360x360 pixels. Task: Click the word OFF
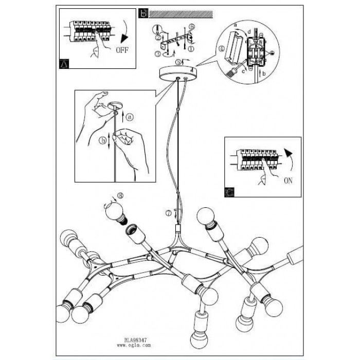coord(122,51)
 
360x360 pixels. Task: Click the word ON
coord(290,181)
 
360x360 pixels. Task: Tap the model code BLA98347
coord(136,339)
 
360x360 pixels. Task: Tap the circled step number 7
coord(168,212)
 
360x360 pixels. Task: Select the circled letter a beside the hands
coord(130,117)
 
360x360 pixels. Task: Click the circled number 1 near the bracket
coord(191,49)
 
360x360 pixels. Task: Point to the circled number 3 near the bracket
coord(158,53)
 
